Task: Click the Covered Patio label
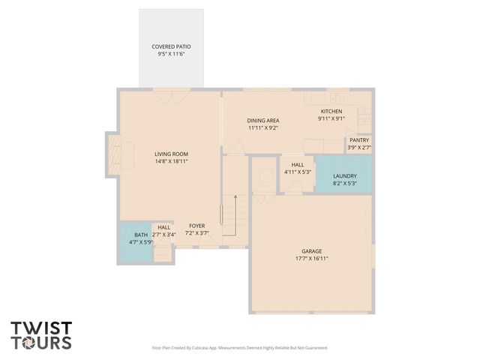171,46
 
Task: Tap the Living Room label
171,154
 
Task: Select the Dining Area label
263,120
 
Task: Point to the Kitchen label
331,111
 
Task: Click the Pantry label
358,140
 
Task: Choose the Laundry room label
345,175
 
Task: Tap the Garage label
310,251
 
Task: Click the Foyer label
196,226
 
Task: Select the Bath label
141,235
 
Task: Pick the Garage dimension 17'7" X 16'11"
310,259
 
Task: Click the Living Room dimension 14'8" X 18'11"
171,161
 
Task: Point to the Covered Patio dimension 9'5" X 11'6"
171,54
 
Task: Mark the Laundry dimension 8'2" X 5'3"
345,183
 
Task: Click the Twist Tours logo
41,335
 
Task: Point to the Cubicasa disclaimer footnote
240,348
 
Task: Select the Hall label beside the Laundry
298,164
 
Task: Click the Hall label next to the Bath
163,227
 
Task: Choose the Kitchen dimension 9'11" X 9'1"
331,118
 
